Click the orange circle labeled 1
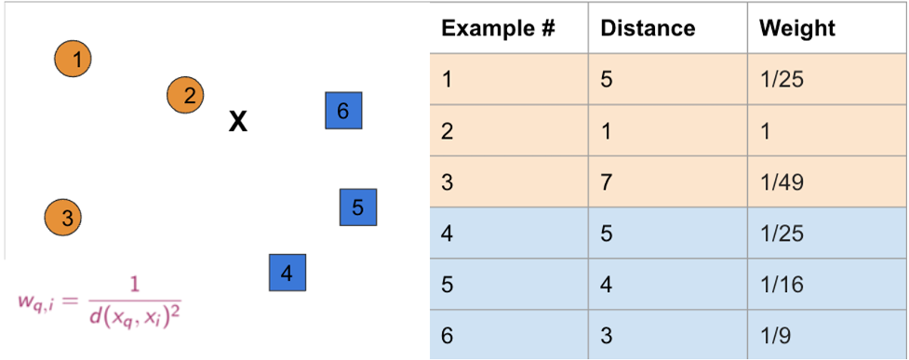click(x=74, y=59)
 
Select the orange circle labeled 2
click(x=185, y=95)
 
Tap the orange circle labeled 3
click(x=63, y=218)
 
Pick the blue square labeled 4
click(x=287, y=273)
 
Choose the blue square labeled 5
click(x=358, y=207)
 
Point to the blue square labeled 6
click(x=343, y=110)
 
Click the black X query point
click(x=237, y=122)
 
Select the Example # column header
click(x=499, y=29)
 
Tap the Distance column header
click(x=648, y=29)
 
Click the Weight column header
click(x=797, y=29)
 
